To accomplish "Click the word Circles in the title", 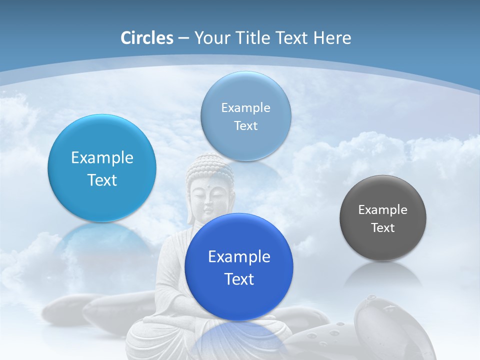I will [x=146, y=38].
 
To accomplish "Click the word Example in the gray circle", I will [x=383, y=210].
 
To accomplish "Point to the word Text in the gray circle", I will [x=383, y=228].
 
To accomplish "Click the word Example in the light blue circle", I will [x=102, y=158].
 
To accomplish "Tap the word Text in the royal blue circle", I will [x=239, y=279].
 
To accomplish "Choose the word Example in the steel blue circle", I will [x=246, y=108].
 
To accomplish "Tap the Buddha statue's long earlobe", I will [x=190, y=210].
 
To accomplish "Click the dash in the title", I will [x=183, y=38].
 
